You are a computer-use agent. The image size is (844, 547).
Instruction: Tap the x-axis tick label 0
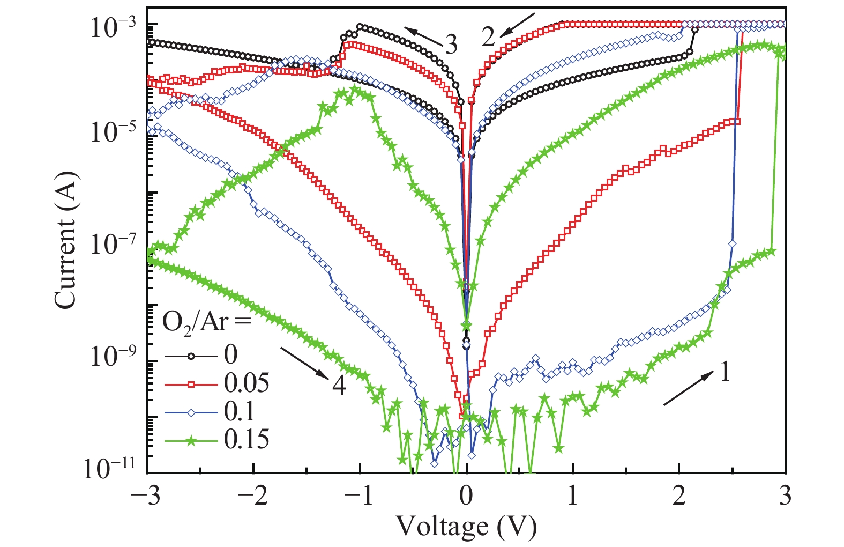tap(466, 496)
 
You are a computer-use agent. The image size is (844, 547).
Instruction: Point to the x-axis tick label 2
tap(679, 496)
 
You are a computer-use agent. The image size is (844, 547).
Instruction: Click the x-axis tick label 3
tap(785, 496)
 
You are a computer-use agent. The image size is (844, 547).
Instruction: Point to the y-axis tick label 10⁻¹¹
tap(110, 468)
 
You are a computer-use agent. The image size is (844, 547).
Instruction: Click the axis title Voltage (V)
tap(466, 527)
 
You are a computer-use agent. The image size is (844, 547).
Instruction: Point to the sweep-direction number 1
tap(725, 371)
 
